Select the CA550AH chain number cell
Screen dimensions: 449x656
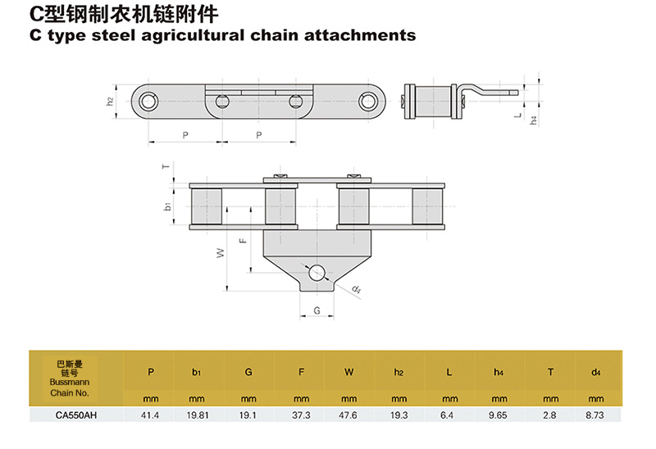pos(76,415)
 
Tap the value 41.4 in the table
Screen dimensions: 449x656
pos(151,415)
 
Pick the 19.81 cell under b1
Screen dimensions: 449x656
pos(197,415)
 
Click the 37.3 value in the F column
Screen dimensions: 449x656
pos(301,415)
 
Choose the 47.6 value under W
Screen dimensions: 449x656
pos(350,415)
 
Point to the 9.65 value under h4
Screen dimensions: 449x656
pos(498,415)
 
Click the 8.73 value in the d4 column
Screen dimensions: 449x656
pos(596,415)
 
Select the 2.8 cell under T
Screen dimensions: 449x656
pos(550,415)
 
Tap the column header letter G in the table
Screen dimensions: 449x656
pos(248,372)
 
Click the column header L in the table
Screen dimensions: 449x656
pos(449,372)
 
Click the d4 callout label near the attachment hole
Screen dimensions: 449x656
pos(357,289)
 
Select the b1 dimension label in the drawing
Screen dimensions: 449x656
pos(168,207)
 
